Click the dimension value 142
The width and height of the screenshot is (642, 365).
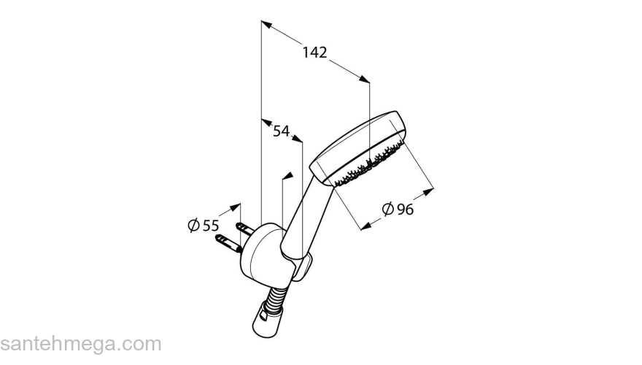tap(315, 53)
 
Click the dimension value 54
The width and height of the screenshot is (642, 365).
tap(281, 131)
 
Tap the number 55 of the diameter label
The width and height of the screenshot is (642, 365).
tap(211, 226)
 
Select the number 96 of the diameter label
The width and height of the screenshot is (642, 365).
tap(406, 210)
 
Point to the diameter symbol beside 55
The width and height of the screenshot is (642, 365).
tap(193, 226)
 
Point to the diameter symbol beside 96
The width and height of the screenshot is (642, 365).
tap(388, 210)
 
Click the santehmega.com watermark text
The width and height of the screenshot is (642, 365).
tap(80, 343)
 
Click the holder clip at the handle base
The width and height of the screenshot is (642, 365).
tap(304, 269)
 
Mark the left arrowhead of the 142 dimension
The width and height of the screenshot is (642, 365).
tap(267, 26)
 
